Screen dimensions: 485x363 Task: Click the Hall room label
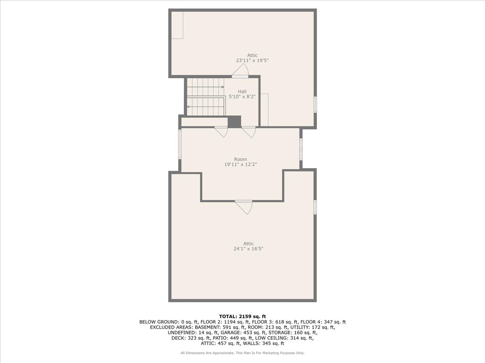(x=242, y=92)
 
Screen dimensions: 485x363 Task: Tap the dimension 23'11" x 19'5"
(x=252, y=60)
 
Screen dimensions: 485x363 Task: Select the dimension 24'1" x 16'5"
(x=248, y=249)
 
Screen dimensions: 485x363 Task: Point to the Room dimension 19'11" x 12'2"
(x=240, y=165)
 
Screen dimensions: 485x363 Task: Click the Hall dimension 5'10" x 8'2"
(x=242, y=96)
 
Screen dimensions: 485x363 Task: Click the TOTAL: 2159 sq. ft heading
(x=242, y=317)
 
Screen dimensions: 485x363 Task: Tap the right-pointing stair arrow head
(x=223, y=87)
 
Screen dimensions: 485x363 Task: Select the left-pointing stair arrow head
(x=188, y=106)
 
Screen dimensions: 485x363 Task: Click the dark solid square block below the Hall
(x=234, y=122)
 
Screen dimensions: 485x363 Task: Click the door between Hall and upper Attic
(x=240, y=71)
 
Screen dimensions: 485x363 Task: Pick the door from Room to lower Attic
(x=244, y=207)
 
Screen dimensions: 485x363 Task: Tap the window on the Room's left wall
(x=180, y=144)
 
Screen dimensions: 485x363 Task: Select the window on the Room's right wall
(x=301, y=149)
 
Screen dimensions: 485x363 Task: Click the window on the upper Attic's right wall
(x=315, y=105)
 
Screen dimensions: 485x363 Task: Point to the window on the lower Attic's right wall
(x=315, y=207)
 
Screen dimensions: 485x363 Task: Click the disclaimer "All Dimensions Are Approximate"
(x=207, y=353)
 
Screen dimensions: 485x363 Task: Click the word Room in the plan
(x=240, y=159)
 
